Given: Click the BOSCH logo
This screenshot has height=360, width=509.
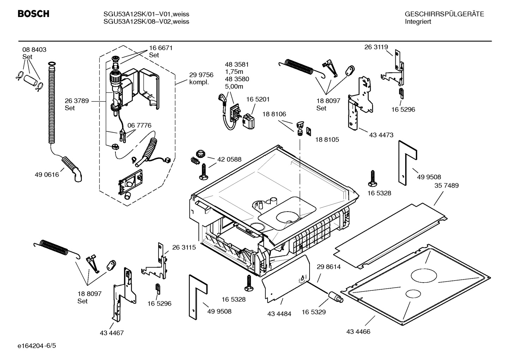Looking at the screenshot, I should tap(34, 14).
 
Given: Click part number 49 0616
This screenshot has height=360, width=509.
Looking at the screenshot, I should tap(47, 175).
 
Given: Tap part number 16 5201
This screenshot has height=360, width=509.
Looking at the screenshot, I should tap(258, 100).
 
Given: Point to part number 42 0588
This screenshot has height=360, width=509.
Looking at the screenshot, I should tap(229, 159).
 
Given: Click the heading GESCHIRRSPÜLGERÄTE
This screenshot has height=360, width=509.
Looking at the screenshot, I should tap(444, 14).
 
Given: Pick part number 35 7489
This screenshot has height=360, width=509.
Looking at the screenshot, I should tap(447, 185).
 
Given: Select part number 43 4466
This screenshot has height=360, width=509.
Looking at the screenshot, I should tap(358, 332).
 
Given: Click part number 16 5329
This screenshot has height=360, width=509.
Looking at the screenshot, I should tap(313, 312).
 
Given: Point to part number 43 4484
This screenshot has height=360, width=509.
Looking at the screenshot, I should tap(279, 313).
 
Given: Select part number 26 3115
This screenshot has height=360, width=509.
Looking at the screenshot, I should tap(184, 248).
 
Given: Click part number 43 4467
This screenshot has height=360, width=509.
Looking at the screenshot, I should tap(112, 333).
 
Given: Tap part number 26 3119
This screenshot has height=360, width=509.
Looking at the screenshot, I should tap(376, 47).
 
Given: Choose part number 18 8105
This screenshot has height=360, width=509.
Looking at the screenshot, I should tap(327, 140).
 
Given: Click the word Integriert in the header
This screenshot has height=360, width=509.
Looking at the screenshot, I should tap(418, 22).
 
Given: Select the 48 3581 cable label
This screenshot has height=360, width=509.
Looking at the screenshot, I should tap(237, 65).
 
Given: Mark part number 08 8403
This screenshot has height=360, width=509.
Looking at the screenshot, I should tap(34, 50).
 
